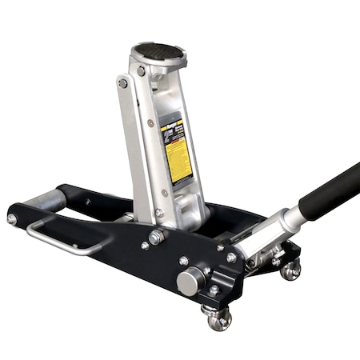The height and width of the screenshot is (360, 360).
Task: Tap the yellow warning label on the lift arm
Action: [177, 151]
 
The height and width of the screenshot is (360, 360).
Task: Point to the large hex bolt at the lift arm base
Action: [155, 238]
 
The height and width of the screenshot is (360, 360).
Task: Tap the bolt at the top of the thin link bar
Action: [123, 83]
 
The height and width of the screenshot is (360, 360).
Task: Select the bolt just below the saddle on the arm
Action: [141, 71]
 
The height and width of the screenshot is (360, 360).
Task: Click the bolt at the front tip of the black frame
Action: [12, 218]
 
